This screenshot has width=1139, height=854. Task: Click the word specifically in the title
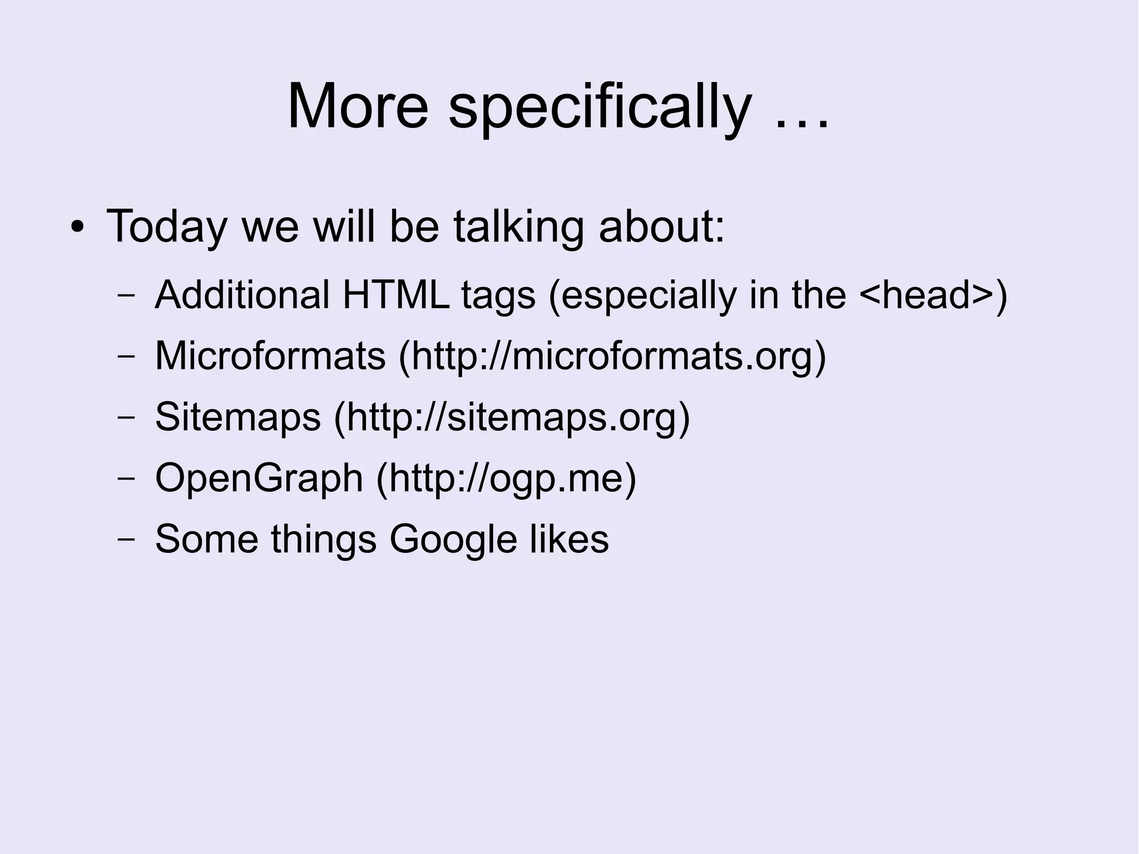point(600,108)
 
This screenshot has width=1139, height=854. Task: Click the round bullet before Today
point(78,228)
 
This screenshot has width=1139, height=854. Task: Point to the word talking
point(518,228)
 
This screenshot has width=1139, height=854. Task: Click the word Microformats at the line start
point(270,356)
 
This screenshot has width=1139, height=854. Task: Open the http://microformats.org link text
point(612,357)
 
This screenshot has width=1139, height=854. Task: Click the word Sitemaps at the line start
point(238,417)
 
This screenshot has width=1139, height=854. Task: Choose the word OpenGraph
point(259,479)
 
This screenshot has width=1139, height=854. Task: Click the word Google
point(453,540)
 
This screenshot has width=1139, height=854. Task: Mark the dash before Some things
point(126,539)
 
